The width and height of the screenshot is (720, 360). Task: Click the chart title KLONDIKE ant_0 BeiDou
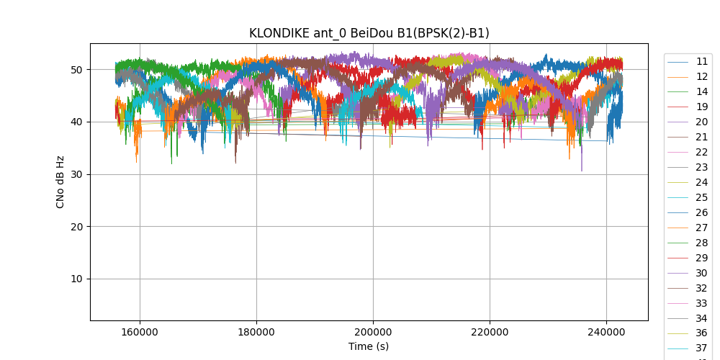[x=369, y=33]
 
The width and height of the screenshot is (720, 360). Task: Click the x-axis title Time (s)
[x=369, y=346]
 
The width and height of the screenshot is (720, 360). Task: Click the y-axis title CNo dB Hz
[x=60, y=181]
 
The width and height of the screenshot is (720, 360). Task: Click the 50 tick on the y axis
[x=76, y=70]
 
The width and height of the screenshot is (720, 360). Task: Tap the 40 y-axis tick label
[x=76, y=122]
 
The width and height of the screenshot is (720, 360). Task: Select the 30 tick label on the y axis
[x=76, y=174]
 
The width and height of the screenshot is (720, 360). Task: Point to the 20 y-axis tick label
[x=76, y=227]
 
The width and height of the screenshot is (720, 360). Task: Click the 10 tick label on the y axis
[x=76, y=279]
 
